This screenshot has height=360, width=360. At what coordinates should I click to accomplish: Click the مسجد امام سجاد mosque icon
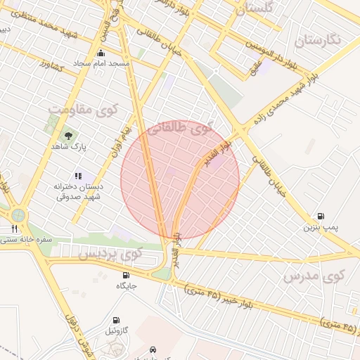tap(101, 53)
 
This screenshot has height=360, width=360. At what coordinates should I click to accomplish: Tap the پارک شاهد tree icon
tap(68, 135)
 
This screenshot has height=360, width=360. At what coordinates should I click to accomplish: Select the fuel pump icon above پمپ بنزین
tap(321, 217)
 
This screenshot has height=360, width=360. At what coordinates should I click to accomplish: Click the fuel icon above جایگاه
tap(126, 275)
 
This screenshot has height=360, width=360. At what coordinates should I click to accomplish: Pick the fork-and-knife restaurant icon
tap(13, 229)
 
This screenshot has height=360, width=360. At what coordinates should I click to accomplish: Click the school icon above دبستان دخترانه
tap(78, 176)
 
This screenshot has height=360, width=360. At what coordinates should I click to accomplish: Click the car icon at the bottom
tap(153, 349)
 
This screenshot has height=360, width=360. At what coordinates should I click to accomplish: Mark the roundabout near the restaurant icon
tap(18, 213)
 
